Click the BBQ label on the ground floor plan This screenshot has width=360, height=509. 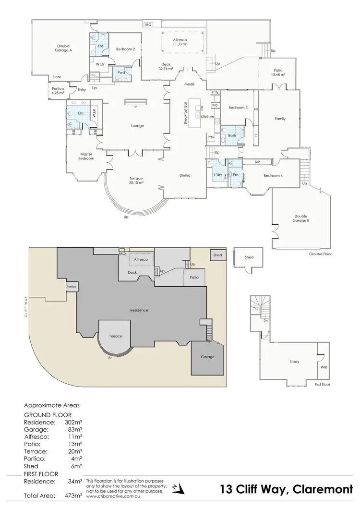pyautogui.click(x=148, y=24)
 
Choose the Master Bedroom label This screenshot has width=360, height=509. pyautogui.click(x=86, y=156)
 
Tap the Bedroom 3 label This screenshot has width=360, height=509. pyautogui.click(x=238, y=108)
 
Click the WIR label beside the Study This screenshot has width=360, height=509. pyautogui.click(x=324, y=367)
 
